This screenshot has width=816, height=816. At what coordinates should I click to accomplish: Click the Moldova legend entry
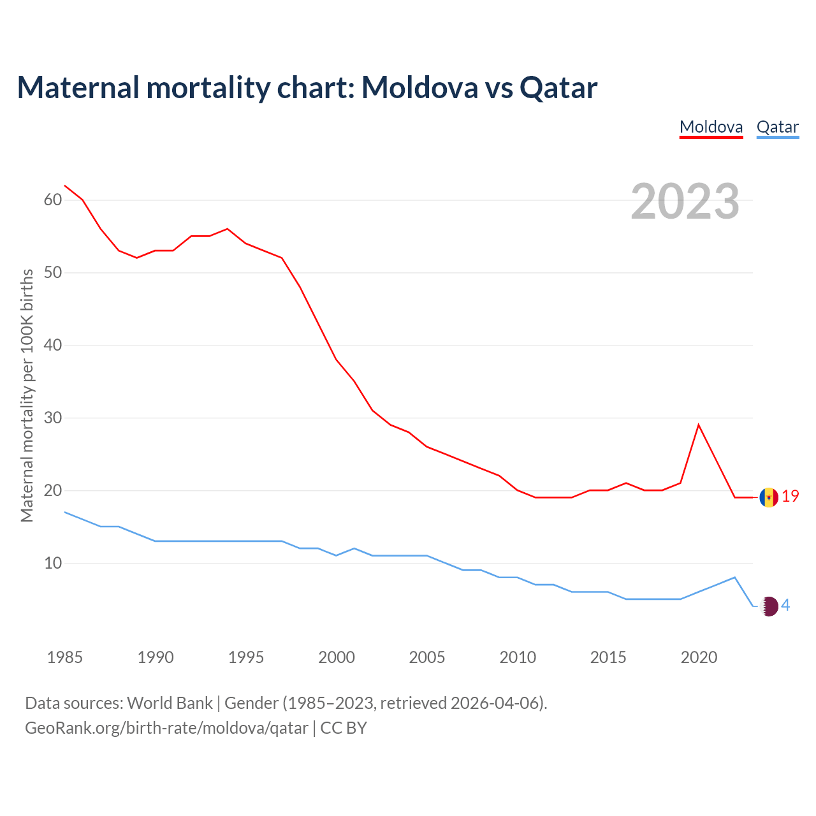pyautogui.click(x=711, y=127)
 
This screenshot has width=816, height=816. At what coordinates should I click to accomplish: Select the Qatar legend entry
pyautogui.click(x=777, y=127)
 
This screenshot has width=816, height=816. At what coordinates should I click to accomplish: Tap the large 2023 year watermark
pyautogui.click(x=685, y=201)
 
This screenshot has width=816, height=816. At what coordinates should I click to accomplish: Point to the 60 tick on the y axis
pyautogui.click(x=53, y=200)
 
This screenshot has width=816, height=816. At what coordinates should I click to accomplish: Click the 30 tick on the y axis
pyautogui.click(x=53, y=418)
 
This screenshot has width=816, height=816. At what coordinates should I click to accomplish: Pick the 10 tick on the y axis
pyautogui.click(x=53, y=564)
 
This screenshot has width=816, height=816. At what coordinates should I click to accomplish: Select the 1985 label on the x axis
pyautogui.click(x=65, y=657)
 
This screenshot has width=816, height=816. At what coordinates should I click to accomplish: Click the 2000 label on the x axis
pyautogui.click(x=337, y=657)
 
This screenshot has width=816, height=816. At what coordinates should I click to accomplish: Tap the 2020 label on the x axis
pyautogui.click(x=699, y=657)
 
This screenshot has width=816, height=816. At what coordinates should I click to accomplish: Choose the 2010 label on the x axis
pyautogui.click(x=518, y=657)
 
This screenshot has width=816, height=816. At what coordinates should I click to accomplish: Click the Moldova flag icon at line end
pyautogui.click(x=769, y=497)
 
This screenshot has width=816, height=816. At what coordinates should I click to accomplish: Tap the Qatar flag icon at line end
pyautogui.click(x=769, y=606)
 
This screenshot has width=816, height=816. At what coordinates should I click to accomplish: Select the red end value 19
pyautogui.click(x=790, y=497)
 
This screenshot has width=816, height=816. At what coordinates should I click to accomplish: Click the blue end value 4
pyautogui.click(x=786, y=606)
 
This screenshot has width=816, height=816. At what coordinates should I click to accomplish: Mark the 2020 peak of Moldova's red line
pyautogui.click(x=699, y=425)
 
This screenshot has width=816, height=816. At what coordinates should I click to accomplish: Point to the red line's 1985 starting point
pyautogui.click(x=65, y=186)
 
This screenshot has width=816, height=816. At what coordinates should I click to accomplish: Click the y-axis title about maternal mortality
pyautogui.click(x=27, y=395)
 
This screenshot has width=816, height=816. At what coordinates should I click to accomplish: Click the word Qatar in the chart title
pyautogui.click(x=558, y=88)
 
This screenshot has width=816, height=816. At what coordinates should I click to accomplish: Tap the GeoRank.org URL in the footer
pyautogui.click(x=166, y=728)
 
